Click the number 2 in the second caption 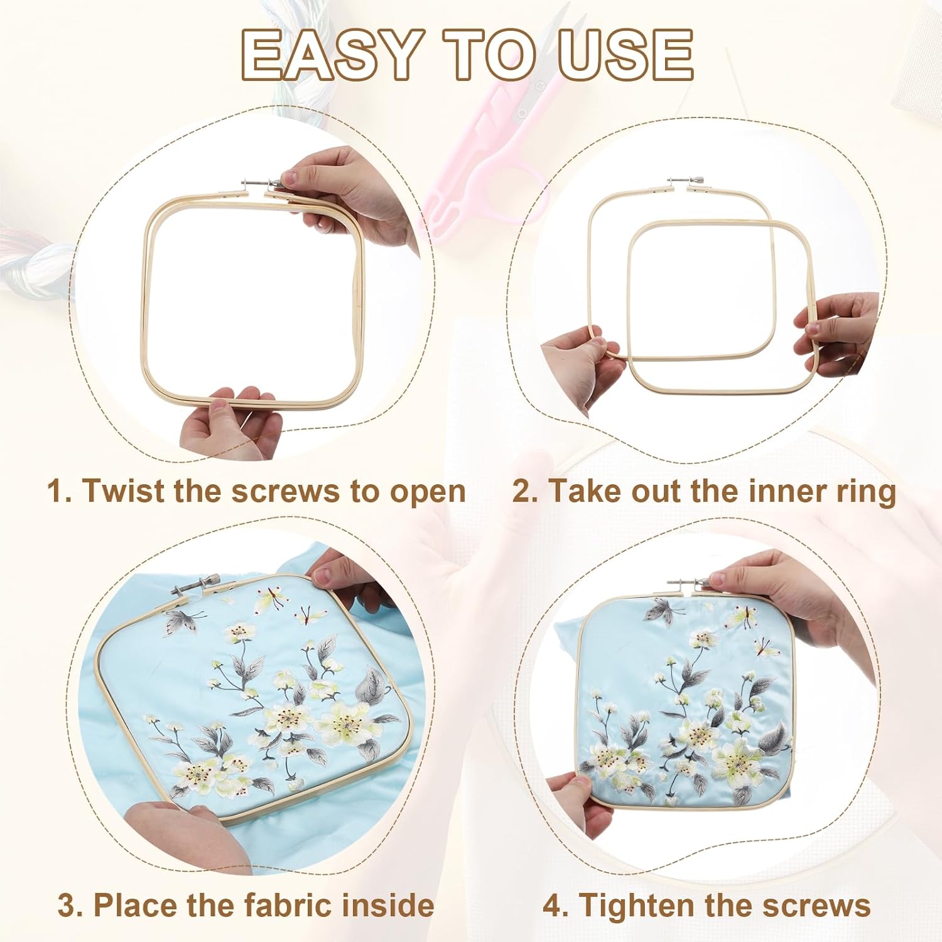pos(522,490)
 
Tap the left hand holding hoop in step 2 pos(578,364)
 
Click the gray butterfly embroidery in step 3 pos(182,622)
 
